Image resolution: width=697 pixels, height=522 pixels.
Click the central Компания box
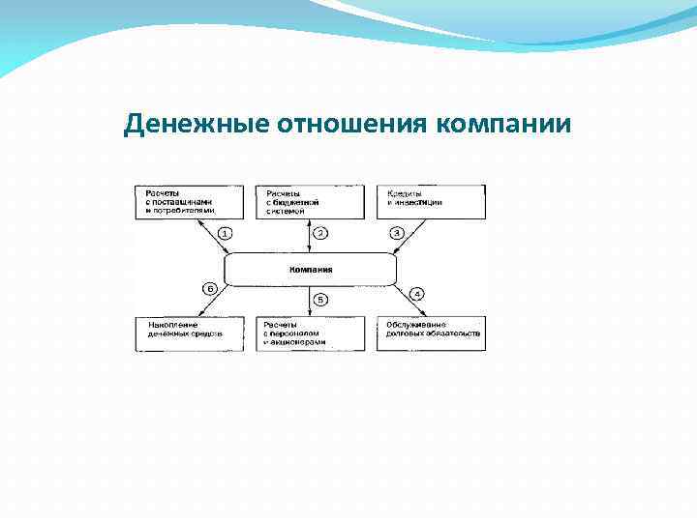click(311, 270)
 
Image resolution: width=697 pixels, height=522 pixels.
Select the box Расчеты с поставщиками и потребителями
click(189, 201)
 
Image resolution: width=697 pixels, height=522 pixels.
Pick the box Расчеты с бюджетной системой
click(310, 201)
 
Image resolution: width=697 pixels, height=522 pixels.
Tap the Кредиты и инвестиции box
click(431, 201)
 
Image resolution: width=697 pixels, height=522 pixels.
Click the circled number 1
click(224, 233)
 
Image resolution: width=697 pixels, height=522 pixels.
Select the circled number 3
click(396, 233)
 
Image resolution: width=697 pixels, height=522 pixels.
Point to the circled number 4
click(417, 294)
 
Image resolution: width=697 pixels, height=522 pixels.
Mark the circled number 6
click(207, 287)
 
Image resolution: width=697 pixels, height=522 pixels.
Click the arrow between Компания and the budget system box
click(310, 235)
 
